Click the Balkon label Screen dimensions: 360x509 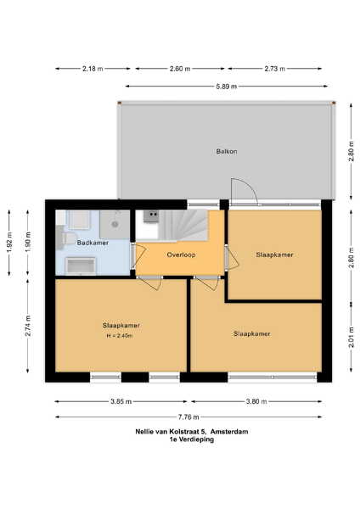(x=227, y=151)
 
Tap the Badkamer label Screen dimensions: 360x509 (x=93, y=243)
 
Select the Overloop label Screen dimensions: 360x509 (x=182, y=255)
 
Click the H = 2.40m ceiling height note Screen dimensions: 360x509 (x=120, y=336)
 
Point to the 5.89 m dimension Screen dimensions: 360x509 (x=227, y=87)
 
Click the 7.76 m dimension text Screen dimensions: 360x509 (x=188, y=417)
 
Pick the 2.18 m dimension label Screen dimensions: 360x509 (x=93, y=69)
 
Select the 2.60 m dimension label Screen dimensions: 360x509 (x=180, y=69)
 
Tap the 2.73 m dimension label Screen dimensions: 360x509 (x=274, y=69)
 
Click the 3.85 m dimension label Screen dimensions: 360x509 (x=121, y=401)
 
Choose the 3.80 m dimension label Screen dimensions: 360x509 (x=256, y=401)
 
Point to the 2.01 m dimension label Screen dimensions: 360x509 (x=352, y=338)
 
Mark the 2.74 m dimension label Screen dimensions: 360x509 (x=28, y=326)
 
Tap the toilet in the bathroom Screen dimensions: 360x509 (x=66, y=238)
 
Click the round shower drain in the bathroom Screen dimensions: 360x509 (x=115, y=224)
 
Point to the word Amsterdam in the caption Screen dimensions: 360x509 (x=229, y=432)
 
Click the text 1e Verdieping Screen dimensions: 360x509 (x=192, y=439)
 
